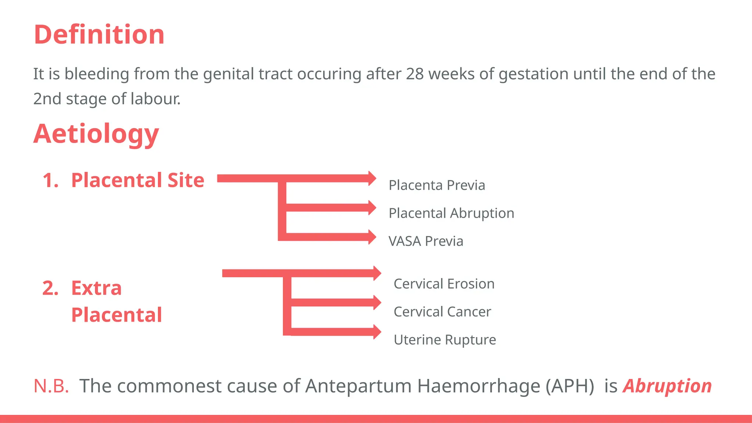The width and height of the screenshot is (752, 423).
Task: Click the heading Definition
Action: click(x=99, y=35)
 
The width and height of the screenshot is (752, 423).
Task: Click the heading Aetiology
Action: click(x=96, y=134)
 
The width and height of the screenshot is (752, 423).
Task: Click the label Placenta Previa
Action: click(x=437, y=185)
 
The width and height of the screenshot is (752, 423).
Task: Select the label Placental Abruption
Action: click(x=451, y=213)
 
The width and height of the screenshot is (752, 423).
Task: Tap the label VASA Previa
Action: click(x=426, y=241)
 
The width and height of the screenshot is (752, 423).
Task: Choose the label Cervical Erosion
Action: click(x=444, y=284)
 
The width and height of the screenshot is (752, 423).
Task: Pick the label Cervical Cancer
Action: click(x=442, y=312)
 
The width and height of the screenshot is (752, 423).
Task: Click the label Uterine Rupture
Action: click(x=445, y=340)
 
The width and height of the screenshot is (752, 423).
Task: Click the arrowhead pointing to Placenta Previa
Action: click(x=372, y=178)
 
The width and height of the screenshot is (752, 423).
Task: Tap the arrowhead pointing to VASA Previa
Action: click(x=372, y=237)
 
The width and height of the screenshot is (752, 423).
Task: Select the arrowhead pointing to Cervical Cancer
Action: click(x=377, y=303)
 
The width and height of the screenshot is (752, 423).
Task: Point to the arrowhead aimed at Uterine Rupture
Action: click(x=377, y=332)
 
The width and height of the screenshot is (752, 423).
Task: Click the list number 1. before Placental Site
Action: click(x=51, y=180)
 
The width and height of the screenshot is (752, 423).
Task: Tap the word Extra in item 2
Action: click(x=96, y=288)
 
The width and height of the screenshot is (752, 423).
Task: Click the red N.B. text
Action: click(x=51, y=386)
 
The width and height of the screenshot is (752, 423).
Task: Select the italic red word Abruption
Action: click(x=667, y=386)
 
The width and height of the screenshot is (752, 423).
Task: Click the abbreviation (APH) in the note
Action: click(x=570, y=386)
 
